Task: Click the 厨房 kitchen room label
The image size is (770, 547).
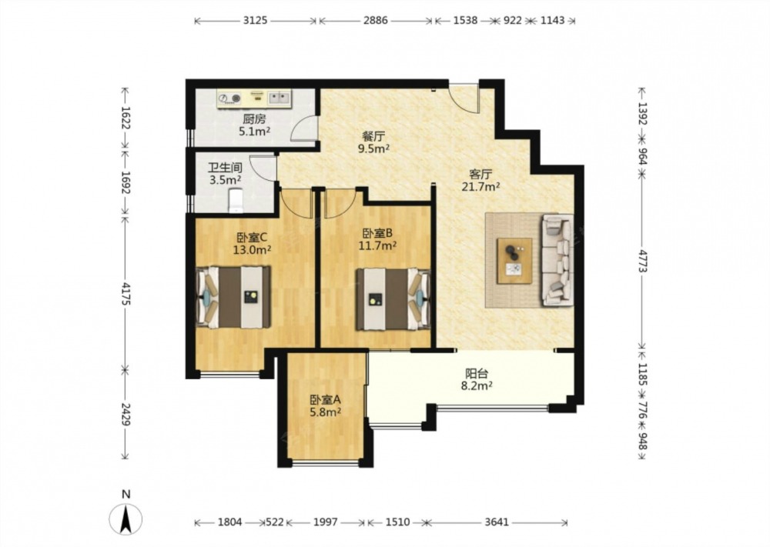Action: pos(254,119)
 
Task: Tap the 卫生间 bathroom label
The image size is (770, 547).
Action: pos(225,168)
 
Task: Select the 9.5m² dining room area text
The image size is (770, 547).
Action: pos(376,149)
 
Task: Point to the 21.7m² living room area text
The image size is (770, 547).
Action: pos(480,186)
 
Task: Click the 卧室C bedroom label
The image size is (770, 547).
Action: pos(252,238)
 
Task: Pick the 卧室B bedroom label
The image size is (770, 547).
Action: pos(377,234)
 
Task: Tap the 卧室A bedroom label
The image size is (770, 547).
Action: pos(325,400)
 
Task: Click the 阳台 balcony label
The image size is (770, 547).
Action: pos(477,374)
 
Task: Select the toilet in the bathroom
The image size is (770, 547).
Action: pos(236,200)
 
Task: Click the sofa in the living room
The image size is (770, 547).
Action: pos(557,260)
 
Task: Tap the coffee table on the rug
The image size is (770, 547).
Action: pos(514,261)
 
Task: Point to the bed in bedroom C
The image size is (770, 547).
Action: pos(233,297)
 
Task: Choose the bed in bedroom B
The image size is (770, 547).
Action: pos(393,299)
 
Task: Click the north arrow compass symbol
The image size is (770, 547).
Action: pos(126,518)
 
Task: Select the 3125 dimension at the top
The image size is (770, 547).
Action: pos(255,21)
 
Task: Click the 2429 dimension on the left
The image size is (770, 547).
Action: pos(126,415)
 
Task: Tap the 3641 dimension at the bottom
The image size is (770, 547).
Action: pos(497,522)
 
